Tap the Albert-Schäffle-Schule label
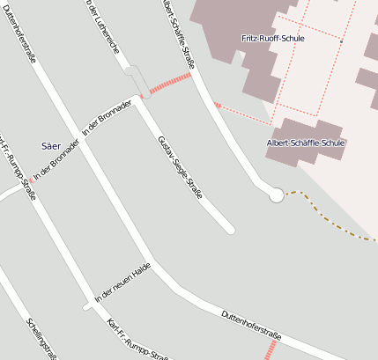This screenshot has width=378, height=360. [x=306, y=143]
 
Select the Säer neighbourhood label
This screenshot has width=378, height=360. [x=52, y=143]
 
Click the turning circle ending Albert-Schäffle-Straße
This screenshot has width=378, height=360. [x=276, y=195]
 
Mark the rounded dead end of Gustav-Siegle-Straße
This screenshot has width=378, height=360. [x=230, y=230]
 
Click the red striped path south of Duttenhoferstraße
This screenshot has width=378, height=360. [x=271, y=349]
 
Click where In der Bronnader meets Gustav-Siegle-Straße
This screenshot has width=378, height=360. [x=139, y=97]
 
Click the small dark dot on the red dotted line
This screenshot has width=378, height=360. [x=341, y=41]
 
